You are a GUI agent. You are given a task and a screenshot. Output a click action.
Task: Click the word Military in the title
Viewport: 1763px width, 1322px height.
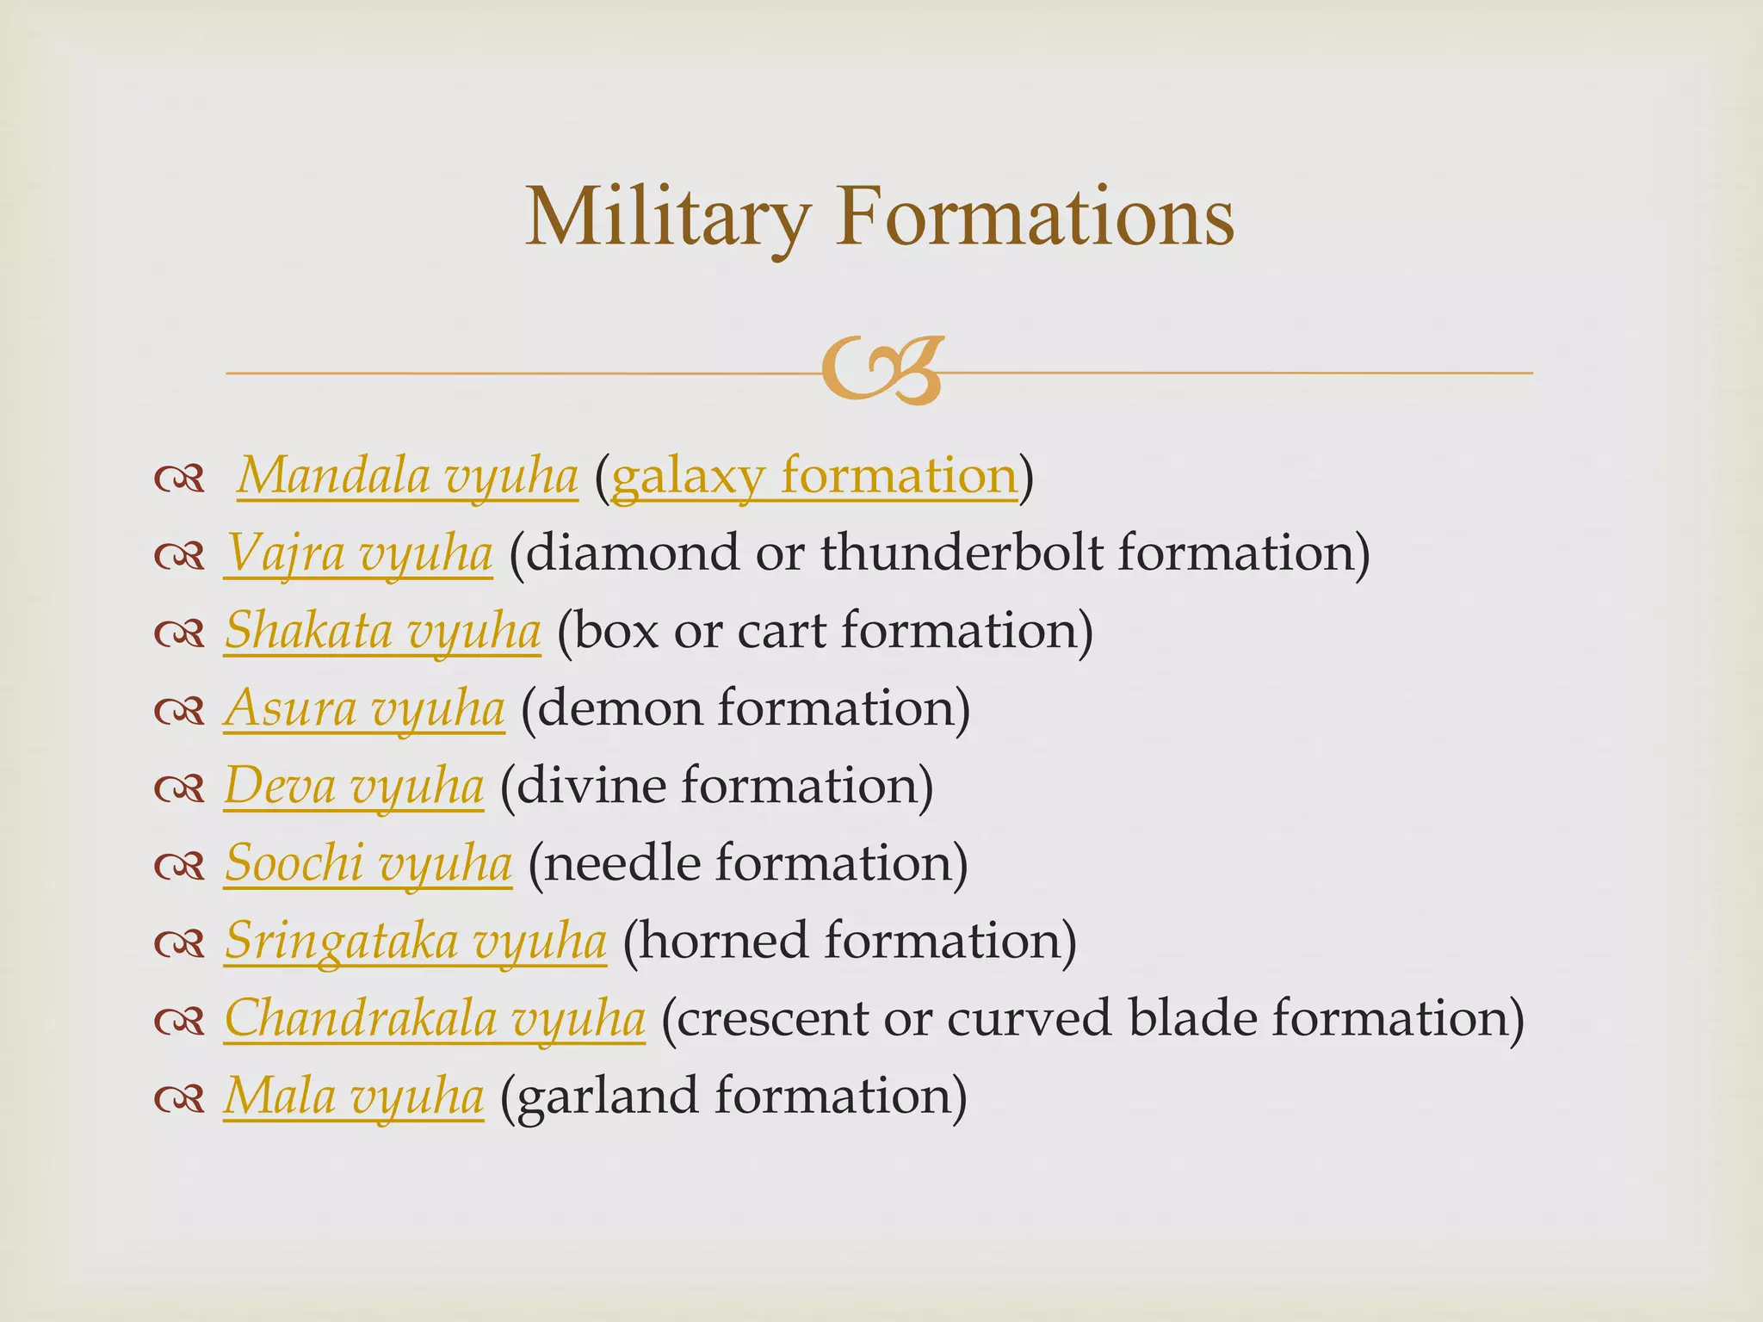point(667,217)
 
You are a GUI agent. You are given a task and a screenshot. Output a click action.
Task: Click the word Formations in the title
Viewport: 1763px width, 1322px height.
point(1034,217)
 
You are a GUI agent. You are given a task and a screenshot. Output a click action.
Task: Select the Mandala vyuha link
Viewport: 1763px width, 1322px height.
point(407,475)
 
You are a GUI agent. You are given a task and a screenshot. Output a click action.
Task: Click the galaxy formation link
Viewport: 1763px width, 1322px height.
point(813,475)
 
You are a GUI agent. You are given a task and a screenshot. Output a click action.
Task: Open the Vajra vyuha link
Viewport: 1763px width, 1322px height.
point(359,553)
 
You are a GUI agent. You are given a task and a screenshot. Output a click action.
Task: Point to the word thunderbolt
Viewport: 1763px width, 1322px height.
point(961,553)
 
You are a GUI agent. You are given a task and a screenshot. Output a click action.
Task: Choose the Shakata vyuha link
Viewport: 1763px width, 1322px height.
point(383,630)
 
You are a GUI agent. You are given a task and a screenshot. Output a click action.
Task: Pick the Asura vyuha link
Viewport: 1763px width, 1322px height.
point(364,707)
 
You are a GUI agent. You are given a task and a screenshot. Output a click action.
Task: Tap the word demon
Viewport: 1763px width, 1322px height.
point(619,707)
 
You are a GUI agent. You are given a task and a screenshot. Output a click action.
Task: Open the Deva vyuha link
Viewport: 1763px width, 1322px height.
point(354,785)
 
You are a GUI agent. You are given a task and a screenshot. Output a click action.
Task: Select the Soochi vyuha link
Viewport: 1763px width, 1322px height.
point(368,862)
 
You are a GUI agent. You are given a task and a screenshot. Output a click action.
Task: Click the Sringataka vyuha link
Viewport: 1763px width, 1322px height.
point(415,940)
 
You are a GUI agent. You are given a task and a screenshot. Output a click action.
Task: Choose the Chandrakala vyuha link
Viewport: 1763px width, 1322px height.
point(435,1018)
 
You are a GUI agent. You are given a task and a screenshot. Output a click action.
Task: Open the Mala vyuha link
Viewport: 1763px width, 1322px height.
point(354,1096)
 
